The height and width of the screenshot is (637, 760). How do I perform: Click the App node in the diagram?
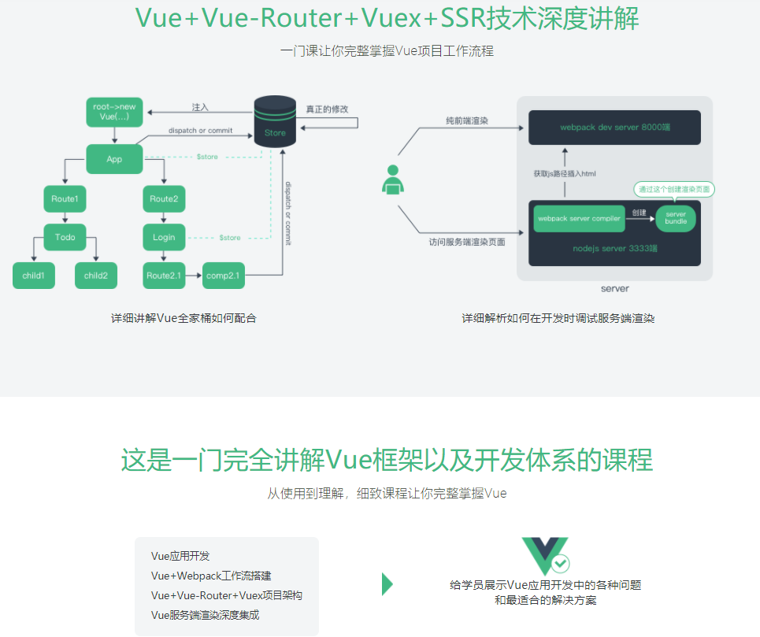tap(114, 158)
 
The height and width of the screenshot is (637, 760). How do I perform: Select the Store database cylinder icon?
tap(275, 121)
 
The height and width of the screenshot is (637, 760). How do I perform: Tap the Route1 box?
tap(65, 198)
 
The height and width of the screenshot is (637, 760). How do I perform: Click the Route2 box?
tap(164, 198)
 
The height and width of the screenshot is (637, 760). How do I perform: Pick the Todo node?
tap(65, 237)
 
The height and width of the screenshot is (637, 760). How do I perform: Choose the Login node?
tap(164, 237)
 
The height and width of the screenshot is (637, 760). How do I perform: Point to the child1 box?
tap(34, 276)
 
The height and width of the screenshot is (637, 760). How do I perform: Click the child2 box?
tap(96, 276)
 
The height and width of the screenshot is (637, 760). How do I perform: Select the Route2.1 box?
tap(164, 276)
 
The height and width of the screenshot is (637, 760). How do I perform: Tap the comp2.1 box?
tap(224, 276)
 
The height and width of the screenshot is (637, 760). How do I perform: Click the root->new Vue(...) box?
tap(114, 112)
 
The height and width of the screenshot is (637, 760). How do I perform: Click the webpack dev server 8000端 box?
tap(614, 127)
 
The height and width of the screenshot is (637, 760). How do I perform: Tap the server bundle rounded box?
tap(676, 217)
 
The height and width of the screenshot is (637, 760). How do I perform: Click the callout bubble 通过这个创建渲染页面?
tap(674, 190)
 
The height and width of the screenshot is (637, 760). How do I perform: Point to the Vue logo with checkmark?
tap(545, 556)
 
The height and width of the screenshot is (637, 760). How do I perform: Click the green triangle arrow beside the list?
tap(387, 583)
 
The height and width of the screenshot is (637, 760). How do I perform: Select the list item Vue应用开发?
tap(180, 556)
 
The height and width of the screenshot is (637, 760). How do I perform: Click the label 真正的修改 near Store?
tap(327, 109)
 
